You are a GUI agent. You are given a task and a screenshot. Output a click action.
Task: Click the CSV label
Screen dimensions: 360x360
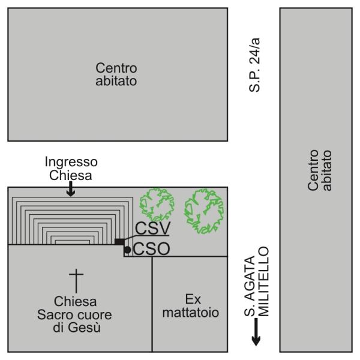(152, 228)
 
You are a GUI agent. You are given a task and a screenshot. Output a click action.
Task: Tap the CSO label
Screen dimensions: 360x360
(152, 249)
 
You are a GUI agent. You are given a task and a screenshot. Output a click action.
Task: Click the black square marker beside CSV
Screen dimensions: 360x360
(119, 242)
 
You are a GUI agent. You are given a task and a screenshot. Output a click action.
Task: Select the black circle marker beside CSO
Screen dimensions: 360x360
(127, 250)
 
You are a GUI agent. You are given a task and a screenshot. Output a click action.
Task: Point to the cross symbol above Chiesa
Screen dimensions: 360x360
(76, 281)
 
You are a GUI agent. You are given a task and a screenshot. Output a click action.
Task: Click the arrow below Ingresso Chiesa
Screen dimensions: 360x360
(71, 189)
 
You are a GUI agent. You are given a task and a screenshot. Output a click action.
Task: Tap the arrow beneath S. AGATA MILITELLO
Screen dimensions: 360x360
(256, 332)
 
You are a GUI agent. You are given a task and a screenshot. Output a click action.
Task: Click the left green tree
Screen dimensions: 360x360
(157, 205)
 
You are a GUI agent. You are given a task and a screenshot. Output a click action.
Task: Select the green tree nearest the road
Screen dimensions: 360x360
(204, 211)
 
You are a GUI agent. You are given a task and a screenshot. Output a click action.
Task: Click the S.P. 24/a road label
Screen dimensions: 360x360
(254, 65)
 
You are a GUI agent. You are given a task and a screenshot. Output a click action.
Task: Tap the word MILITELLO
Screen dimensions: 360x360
(263, 282)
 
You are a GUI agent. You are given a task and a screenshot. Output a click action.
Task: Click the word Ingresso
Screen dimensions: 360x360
(71, 162)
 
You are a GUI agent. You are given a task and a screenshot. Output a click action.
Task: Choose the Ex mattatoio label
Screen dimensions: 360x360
(191, 306)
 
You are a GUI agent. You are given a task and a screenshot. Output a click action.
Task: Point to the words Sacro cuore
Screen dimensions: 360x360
(74, 314)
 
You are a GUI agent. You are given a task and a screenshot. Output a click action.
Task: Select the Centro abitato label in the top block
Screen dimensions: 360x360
(116, 74)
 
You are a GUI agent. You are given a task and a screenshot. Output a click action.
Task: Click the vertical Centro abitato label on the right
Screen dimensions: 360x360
(320, 170)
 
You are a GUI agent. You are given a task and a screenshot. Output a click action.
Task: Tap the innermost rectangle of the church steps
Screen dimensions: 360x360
(73, 242)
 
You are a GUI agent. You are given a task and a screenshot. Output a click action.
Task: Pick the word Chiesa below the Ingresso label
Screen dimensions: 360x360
(70, 175)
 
